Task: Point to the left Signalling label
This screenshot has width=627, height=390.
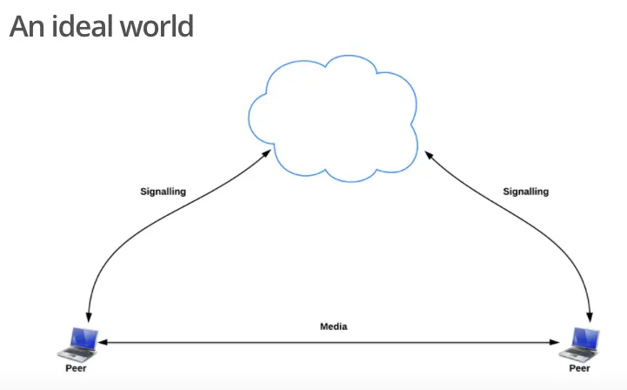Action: coord(163,192)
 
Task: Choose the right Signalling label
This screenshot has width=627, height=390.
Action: coord(526,192)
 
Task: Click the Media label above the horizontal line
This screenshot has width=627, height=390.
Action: coord(333,326)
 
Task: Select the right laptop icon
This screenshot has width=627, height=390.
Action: coord(581,342)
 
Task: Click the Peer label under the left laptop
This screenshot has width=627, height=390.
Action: coord(76,368)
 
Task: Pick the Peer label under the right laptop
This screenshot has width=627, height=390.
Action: coord(580,368)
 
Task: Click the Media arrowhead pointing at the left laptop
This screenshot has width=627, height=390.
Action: coord(103,343)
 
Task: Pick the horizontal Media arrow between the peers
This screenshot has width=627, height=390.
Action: coord(333,343)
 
